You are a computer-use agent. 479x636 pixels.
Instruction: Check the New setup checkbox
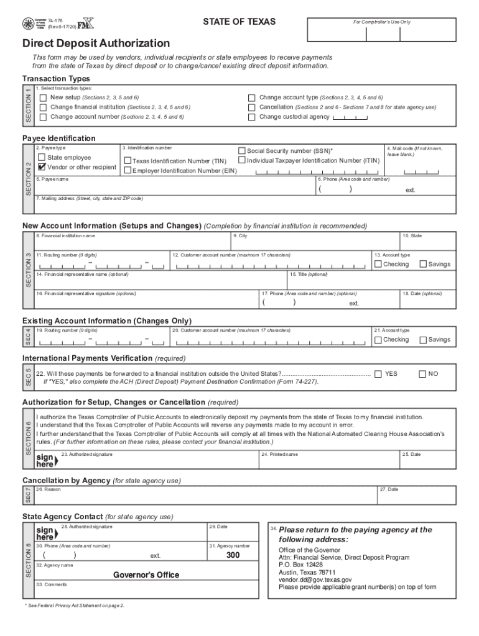43,98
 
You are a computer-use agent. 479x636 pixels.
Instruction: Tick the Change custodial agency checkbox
252,117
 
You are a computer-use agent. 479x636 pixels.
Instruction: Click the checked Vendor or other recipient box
42,167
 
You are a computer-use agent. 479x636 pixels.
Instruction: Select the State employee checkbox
42,158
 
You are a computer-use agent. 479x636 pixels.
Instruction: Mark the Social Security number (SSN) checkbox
242,150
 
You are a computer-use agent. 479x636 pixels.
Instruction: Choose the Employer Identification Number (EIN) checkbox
128,170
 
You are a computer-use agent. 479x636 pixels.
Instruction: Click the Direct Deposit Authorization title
96,43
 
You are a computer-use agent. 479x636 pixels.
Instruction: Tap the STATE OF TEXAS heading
239,22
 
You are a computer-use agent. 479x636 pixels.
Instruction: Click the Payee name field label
52,179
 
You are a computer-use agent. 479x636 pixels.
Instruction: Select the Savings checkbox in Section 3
423,264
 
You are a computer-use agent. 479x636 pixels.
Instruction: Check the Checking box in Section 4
378,340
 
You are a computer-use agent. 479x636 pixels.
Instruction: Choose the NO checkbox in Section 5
422,374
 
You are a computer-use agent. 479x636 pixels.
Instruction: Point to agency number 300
233,555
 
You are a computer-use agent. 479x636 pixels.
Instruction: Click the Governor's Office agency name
146,575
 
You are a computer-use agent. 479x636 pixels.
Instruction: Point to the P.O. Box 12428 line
301,565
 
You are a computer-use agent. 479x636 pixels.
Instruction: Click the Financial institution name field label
65,236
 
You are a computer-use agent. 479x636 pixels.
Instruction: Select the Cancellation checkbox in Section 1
252,107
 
